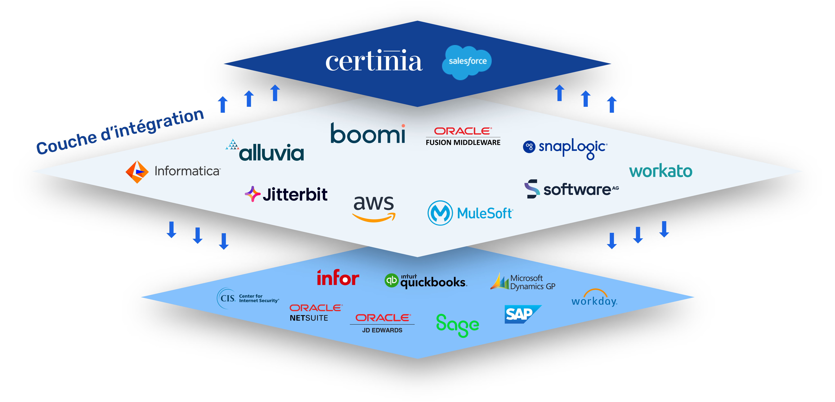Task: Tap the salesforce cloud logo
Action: (x=467, y=62)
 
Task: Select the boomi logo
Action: (x=368, y=133)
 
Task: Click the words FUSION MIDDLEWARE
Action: (x=463, y=142)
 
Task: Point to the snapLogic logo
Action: (x=566, y=148)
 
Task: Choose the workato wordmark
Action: (x=661, y=171)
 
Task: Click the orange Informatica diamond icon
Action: (x=137, y=172)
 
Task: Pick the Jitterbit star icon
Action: (x=252, y=194)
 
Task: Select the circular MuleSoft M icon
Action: (x=440, y=213)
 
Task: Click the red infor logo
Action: (x=338, y=278)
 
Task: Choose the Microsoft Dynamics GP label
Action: (x=532, y=282)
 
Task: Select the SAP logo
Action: (x=520, y=314)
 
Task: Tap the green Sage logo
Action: (x=457, y=325)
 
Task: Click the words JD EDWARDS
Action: (x=382, y=330)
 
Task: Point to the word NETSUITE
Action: (x=309, y=318)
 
